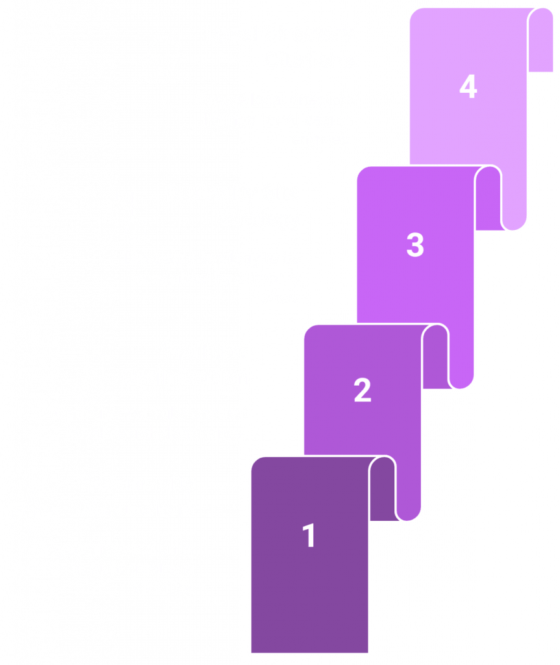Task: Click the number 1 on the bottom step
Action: coord(309,536)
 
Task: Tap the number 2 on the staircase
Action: coord(362,390)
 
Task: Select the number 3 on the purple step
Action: coord(415,245)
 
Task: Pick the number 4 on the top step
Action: coord(468,87)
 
